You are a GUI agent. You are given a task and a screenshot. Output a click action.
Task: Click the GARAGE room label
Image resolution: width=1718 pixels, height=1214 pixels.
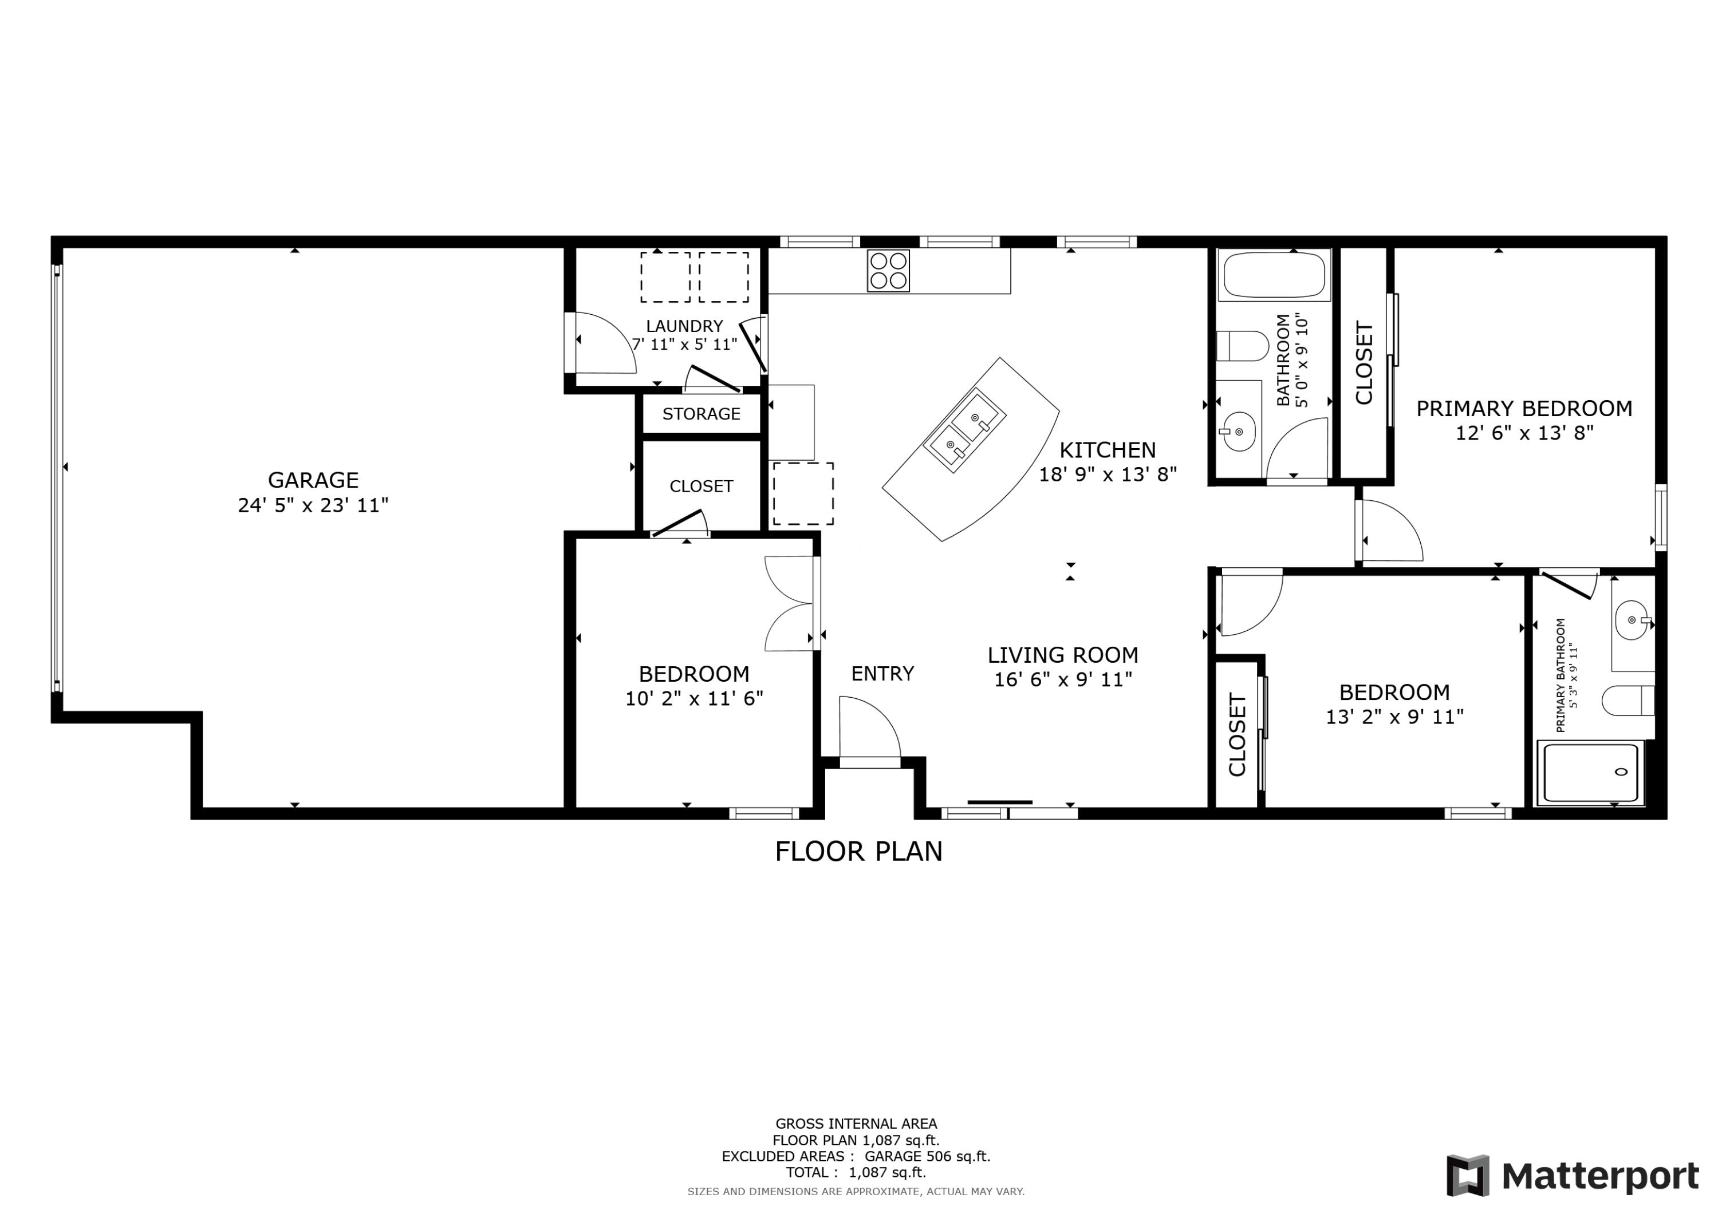click(313, 480)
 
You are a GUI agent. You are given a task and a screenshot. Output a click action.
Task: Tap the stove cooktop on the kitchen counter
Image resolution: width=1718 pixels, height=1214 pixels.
click(888, 270)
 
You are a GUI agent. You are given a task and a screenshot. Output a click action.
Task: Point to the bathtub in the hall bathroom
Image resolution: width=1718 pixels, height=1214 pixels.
click(1274, 275)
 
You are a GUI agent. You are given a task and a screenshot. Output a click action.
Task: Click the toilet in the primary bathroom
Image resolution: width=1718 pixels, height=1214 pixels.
click(1628, 700)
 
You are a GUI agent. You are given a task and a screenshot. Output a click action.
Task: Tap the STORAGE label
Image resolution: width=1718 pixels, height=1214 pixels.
click(701, 414)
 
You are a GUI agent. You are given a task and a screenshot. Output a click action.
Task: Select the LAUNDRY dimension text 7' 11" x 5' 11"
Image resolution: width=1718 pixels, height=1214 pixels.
click(685, 344)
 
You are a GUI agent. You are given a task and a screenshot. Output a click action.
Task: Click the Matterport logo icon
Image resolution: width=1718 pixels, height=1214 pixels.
click(1468, 1176)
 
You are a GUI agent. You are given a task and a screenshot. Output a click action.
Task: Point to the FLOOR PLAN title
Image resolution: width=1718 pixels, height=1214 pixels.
click(858, 851)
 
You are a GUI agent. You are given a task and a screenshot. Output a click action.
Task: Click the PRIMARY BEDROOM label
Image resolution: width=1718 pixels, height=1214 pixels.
click(1524, 409)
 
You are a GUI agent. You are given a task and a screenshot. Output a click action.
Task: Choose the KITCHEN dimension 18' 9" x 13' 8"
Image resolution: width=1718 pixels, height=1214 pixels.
click(1108, 474)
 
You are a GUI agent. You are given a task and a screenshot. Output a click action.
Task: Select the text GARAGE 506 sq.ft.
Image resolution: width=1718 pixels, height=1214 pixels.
click(927, 1156)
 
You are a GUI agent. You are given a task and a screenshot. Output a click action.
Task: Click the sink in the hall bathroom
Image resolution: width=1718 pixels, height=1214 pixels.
click(1238, 432)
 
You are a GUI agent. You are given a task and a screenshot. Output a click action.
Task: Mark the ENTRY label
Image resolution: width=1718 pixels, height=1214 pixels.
click(882, 674)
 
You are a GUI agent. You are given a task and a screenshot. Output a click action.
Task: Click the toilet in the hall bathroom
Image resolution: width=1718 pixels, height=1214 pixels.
click(1242, 346)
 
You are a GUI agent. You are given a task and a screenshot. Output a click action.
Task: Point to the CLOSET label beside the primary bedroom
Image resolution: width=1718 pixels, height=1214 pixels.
click(1364, 363)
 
